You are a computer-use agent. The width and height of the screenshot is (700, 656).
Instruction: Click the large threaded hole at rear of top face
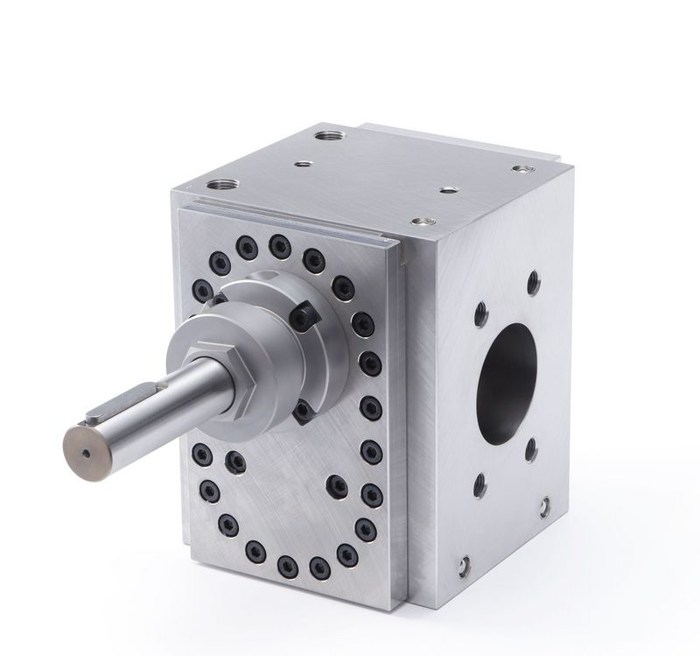(x=332, y=138)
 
